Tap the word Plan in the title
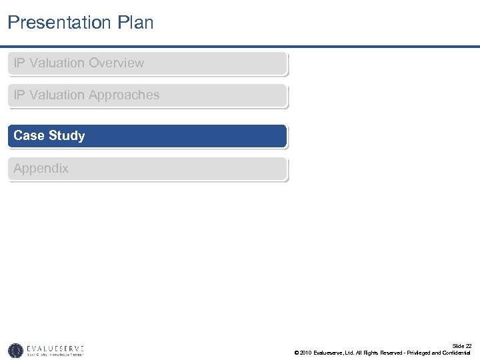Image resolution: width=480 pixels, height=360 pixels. click(x=137, y=23)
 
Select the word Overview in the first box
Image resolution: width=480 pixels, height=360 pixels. click(x=117, y=63)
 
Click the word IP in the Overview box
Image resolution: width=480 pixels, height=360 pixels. click(x=19, y=63)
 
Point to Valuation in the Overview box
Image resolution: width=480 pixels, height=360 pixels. click(x=57, y=63)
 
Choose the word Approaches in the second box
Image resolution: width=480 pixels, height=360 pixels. click(x=125, y=95)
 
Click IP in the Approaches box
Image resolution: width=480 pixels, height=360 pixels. click(x=19, y=95)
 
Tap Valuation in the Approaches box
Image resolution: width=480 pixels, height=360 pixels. click(x=57, y=95)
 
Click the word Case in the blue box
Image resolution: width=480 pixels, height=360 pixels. click(x=29, y=136)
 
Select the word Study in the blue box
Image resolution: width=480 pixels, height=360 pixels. click(x=67, y=136)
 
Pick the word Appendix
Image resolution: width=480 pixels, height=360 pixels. click(x=41, y=169)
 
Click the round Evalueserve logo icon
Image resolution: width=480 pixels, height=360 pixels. click(x=15, y=350)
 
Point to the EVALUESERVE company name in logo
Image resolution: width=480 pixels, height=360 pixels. click(x=55, y=347)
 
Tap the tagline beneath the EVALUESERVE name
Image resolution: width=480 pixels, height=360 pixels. click(x=55, y=355)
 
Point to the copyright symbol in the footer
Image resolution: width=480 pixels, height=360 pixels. click(x=296, y=353)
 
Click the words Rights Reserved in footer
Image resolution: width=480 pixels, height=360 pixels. click(x=383, y=353)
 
